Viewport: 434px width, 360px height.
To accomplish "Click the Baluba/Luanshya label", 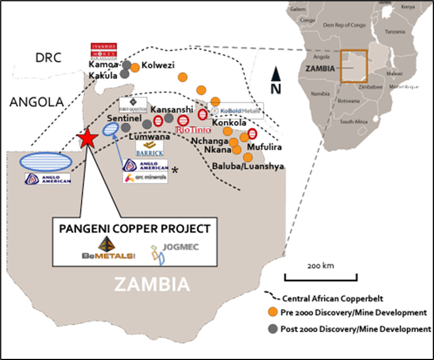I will (x=248, y=166).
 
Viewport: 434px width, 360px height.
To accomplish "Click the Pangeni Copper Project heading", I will (x=135, y=228).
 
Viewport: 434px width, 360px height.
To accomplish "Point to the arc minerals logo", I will (x=145, y=178).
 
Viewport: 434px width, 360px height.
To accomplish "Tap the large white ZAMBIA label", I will (x=152, y=285).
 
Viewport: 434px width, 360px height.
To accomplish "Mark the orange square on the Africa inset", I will (x=353, y=66).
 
